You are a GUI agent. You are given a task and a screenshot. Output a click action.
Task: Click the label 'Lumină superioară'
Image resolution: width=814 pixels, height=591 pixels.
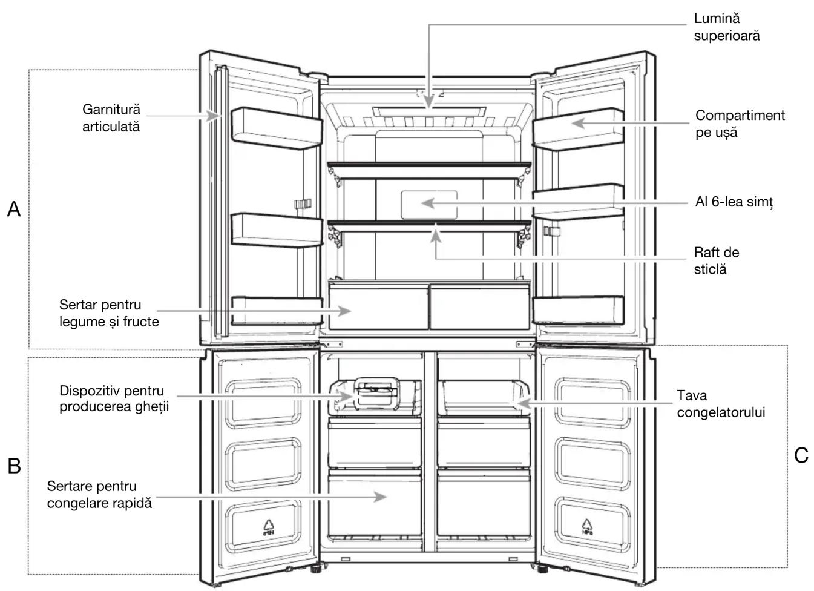click(727, 27)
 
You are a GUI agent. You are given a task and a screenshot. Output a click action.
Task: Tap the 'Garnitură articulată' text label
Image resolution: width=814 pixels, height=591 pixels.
click(111, 118)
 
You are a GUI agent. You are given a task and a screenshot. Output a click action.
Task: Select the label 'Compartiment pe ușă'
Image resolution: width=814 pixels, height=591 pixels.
click(740, 124)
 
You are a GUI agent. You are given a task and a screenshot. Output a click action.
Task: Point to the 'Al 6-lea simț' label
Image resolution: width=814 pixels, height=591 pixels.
click(734, 202)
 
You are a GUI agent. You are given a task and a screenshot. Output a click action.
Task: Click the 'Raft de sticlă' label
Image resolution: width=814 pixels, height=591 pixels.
click(716, 261)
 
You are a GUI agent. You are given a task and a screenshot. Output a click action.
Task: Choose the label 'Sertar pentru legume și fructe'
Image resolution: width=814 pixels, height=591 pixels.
click(109, 313)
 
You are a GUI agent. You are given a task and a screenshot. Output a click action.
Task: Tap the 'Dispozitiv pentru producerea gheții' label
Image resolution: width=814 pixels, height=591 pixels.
click(114, 398)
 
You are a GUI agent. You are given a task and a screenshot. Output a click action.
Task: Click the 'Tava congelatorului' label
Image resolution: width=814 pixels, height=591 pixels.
click(721, 404)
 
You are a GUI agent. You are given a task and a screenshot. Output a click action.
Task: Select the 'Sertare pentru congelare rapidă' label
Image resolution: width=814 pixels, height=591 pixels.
click(99, 495)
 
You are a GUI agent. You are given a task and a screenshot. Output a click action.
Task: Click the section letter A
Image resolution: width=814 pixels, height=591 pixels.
click(14, 209)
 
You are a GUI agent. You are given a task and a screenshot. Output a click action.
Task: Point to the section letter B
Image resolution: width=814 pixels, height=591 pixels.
click(14, 466)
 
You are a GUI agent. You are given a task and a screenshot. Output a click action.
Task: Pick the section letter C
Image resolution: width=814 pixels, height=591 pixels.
click(801, 455)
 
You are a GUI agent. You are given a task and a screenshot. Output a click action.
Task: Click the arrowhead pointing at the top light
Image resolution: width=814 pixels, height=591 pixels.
click(429, 102)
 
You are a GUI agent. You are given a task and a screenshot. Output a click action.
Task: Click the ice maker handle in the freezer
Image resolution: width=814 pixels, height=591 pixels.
click(377, 393)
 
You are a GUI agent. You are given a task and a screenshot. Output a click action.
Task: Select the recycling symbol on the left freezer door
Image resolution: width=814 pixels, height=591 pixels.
click(269, 527)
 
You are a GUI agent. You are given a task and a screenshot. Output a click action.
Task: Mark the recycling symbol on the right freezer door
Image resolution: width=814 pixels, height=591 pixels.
click(587, 527)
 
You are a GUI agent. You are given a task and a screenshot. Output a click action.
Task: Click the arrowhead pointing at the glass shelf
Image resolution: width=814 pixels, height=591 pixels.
click(436, 236)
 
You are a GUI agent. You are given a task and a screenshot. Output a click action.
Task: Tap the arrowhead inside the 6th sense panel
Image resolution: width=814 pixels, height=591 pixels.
click(428, 203)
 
